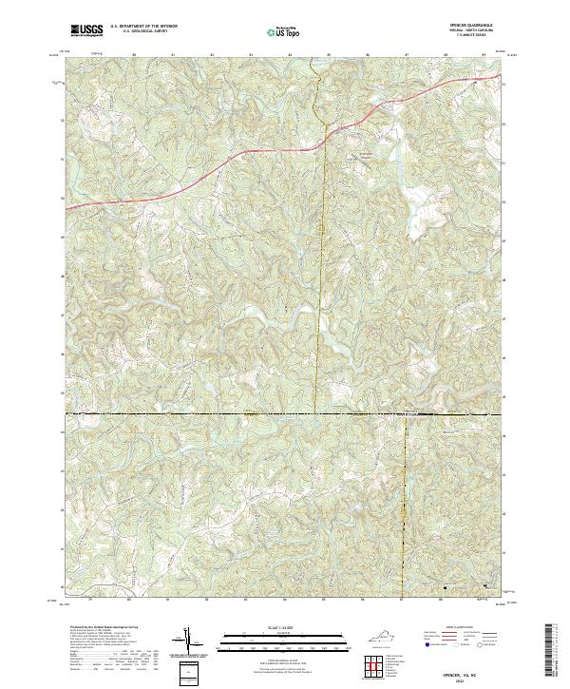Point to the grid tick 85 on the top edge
click(x=328, y=55)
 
